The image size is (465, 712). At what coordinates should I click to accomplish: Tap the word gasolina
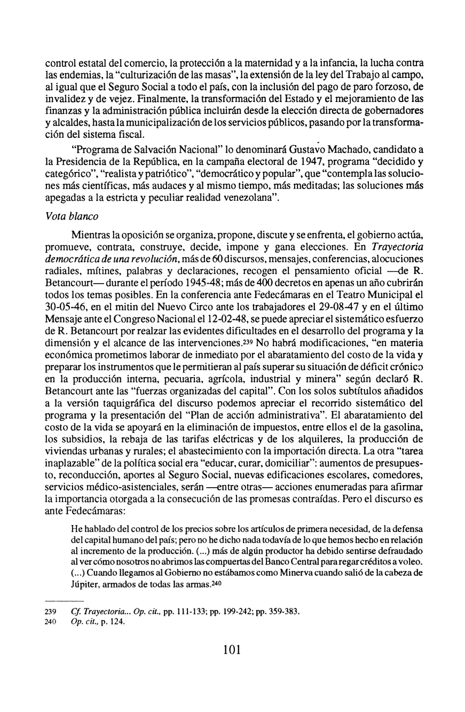pyautogui.click(x=399, y=412)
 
